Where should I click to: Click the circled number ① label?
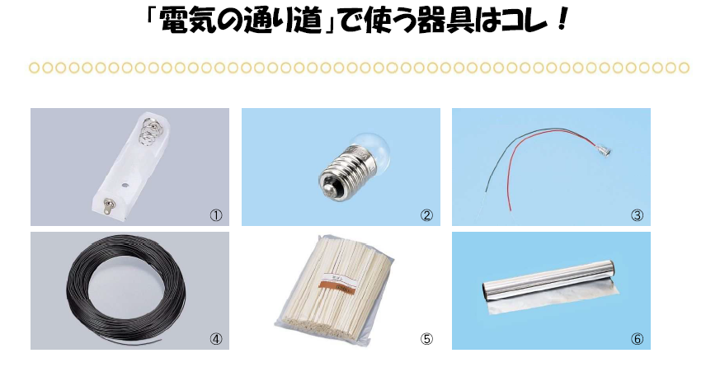click(216, 215)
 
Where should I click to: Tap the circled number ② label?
click(426, 215)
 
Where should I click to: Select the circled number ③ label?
click(637, 215)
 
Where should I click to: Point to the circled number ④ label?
click(216, 339)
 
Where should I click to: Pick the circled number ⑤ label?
click(426, 339)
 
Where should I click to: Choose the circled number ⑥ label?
click(637, 339)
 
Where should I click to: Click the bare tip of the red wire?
click(511, 208)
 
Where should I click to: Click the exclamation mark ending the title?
click(562, 21)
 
